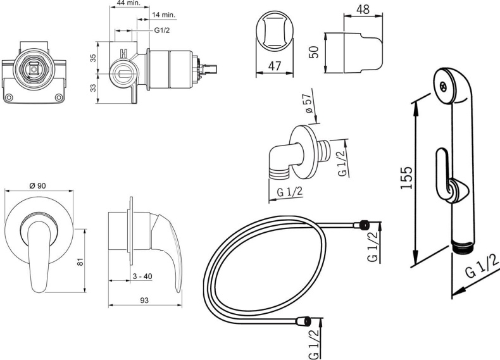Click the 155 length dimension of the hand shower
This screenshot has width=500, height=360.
406,177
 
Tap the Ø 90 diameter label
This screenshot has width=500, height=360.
37,185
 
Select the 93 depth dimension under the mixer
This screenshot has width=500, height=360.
144,301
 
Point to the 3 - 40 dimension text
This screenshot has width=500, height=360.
142,276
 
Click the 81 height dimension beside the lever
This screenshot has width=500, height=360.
80,262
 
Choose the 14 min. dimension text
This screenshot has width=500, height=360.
165,15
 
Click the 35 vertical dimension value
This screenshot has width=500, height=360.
93,58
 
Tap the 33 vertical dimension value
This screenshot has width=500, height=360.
93,88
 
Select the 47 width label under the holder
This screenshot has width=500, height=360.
275,66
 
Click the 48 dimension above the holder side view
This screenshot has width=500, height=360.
363,9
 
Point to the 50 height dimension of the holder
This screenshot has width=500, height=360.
314,52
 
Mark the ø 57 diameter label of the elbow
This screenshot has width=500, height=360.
309,103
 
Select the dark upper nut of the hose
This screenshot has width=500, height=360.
363,225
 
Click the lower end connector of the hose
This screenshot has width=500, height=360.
303,321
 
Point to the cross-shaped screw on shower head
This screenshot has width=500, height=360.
443,87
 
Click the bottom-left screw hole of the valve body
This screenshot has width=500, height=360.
9,97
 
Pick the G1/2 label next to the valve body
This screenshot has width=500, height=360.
162,30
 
